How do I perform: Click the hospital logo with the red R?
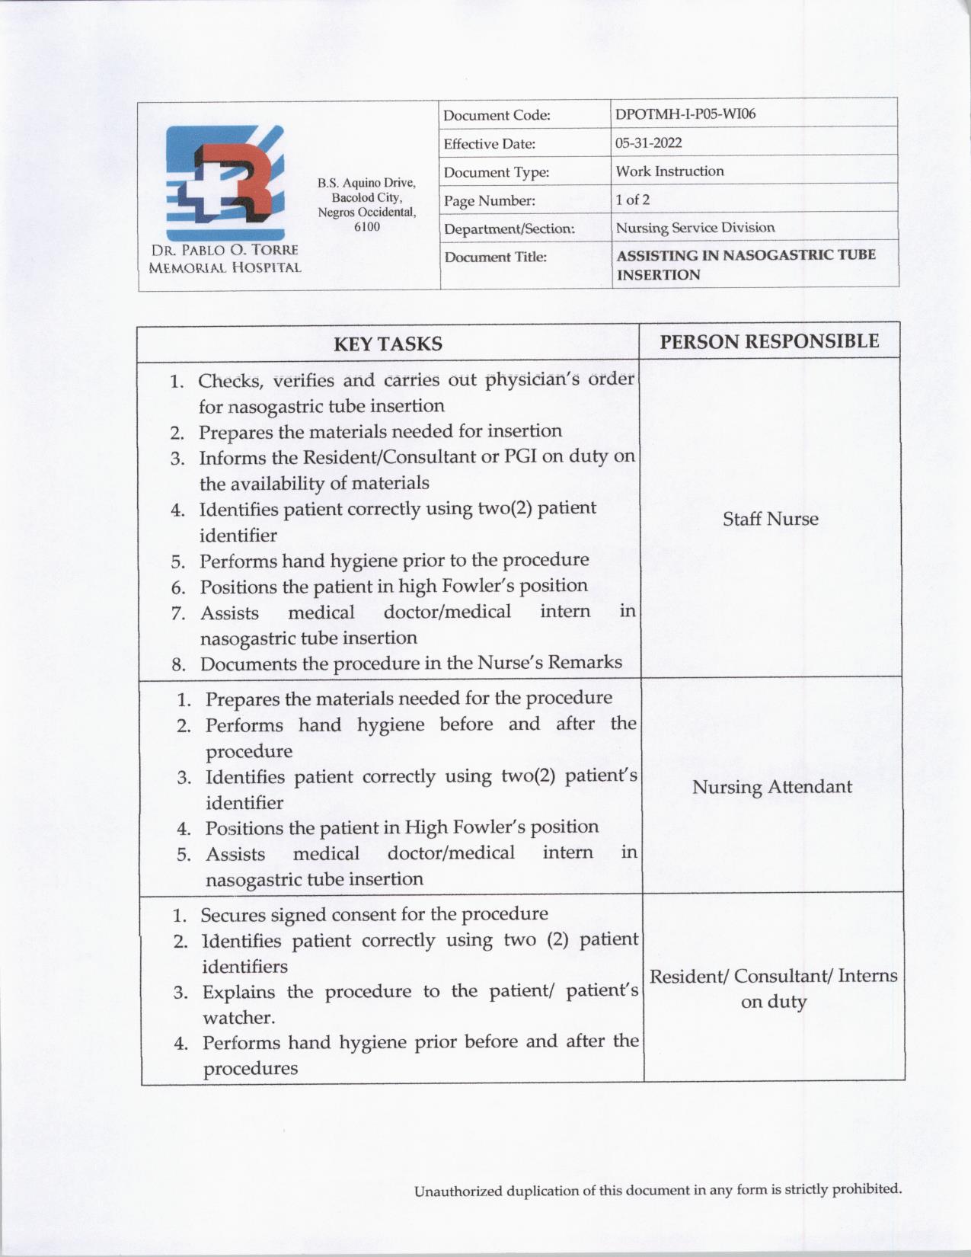click(225, 183)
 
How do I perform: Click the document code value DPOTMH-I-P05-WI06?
click(685, 114)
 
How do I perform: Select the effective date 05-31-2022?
click(648, 142)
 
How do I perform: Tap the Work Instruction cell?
click(669, 171)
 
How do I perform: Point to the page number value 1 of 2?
click(632, 200)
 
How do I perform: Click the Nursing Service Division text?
click(695, 228)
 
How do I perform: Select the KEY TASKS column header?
click(388, 344)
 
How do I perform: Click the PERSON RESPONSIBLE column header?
click(769, 341)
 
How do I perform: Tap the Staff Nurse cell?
click(770, 519)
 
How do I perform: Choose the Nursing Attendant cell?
click(771, 787)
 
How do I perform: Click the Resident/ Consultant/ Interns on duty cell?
click(773, 988)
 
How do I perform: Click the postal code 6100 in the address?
click(367, 227)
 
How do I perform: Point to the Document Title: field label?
click(495, 257)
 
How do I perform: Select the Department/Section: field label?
click(509, 229)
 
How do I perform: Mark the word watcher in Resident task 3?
click(237, 1018)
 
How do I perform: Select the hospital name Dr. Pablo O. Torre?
click(225, 250)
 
